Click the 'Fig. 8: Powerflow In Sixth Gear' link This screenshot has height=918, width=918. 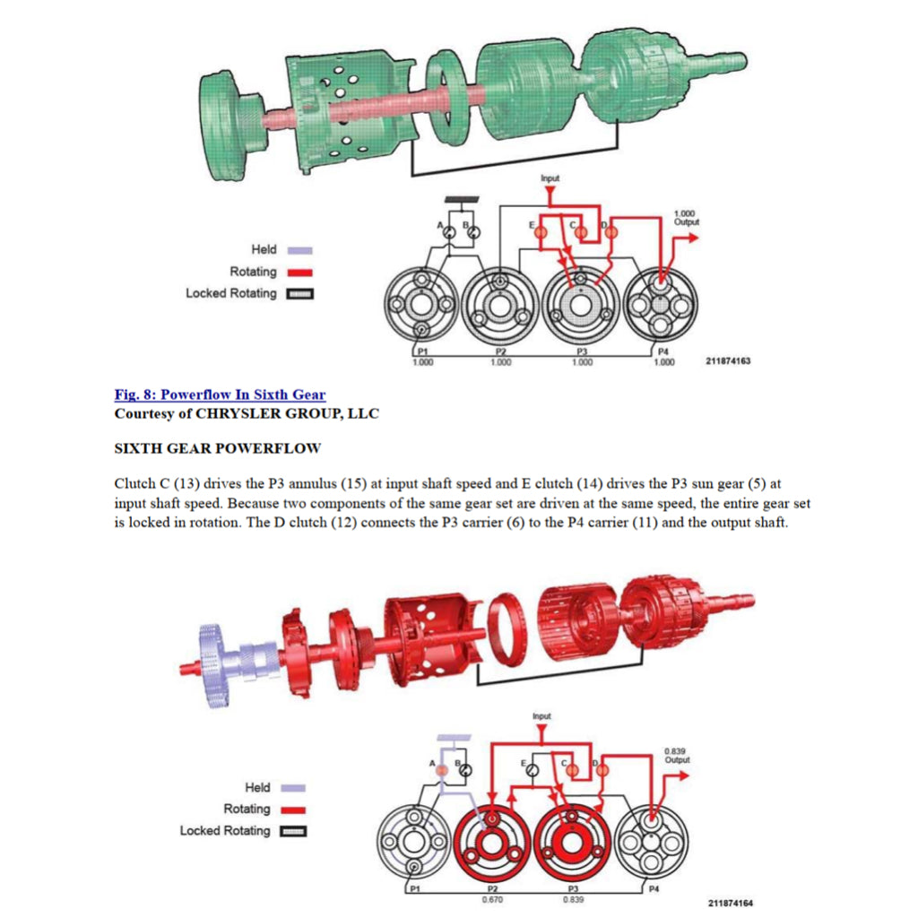[x=220, y=394]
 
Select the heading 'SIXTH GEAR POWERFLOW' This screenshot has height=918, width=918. [x=218, y=447]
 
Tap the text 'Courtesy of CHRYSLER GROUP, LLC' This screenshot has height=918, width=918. [x=247, y=413]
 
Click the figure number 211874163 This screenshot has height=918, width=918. [x=728, y=361]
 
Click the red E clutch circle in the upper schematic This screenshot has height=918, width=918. [x=540, y=231]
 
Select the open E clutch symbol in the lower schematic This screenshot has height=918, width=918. [x=533, y=769]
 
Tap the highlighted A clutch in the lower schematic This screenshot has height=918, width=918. [x=441, y=769]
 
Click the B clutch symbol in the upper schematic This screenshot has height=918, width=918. [x=475, y=231]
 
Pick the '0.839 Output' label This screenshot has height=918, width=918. [x=677, y=755]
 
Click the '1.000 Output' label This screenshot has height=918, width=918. [x=686, y=217]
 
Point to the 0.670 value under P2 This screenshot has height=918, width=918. [x=491, y=898]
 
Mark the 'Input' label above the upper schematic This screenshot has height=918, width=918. [x=550, y=178]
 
